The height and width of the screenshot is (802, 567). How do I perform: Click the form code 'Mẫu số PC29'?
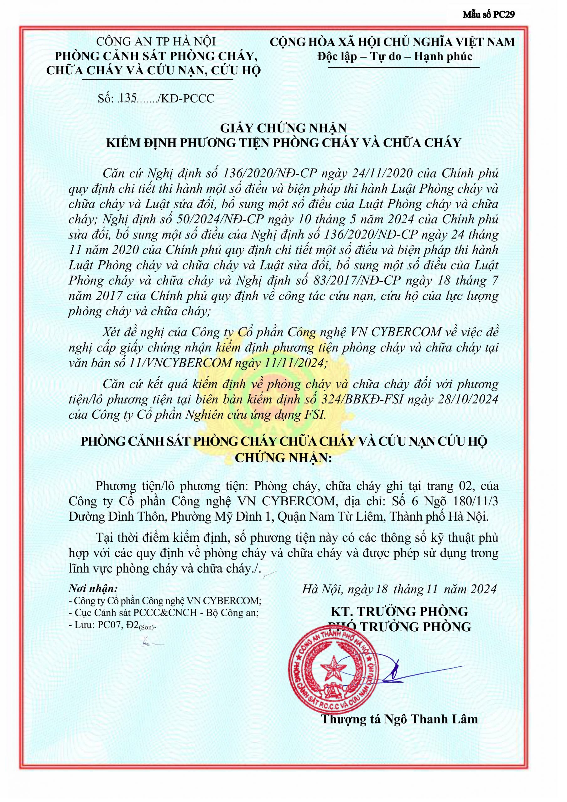coord(488,14)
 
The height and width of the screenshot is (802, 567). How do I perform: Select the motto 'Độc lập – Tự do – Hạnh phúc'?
coord(395,57)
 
